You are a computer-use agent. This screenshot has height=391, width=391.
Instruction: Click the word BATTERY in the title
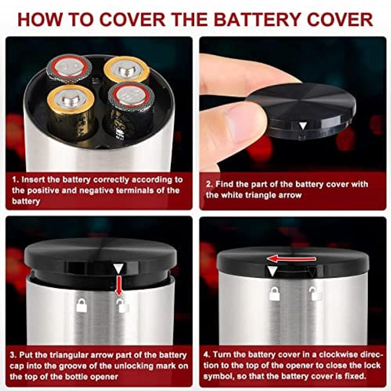257,19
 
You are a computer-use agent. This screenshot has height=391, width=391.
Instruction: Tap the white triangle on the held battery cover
302,125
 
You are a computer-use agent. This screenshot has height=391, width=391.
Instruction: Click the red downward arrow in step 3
119,286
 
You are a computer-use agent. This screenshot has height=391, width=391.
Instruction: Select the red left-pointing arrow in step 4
291,259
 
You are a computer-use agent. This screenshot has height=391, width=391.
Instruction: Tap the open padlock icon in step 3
122,306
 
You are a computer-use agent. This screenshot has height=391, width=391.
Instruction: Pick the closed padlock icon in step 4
274,293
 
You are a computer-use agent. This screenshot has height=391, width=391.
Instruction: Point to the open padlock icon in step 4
315,293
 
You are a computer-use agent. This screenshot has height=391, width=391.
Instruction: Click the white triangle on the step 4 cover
272,270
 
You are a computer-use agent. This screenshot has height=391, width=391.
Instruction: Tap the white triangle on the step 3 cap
118,269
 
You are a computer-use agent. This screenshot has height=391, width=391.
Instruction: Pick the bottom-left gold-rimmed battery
71,112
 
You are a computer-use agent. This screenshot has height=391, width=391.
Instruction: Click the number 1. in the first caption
16,180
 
